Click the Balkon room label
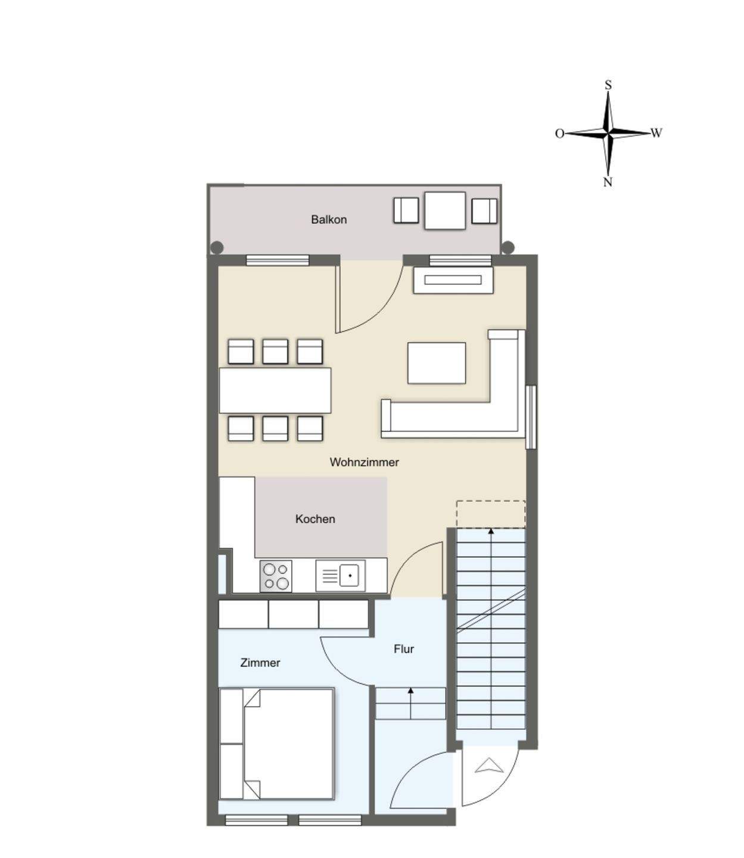tap(329, 219)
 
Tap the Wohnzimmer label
tap(364, 462)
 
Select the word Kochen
tap(315, 519)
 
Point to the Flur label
tap(404, 649)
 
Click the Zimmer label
tap(260, 663)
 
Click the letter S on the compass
tap(608, 85)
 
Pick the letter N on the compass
tap(608, 182)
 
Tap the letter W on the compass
tap(656, 133)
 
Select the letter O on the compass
tap(559, 133)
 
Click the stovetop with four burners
tap(276, 576)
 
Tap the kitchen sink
tap(341, 576)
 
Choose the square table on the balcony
tap(444, 210)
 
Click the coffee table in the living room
tap(437, 363)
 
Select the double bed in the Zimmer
tap(277, 744)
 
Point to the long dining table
tap(275, 390)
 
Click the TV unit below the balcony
tap(453, 280)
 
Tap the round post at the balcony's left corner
tap(217, 247)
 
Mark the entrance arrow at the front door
tap(490, 766)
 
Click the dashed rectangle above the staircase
tap(490, 514)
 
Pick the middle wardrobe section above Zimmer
tap(294, 614)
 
